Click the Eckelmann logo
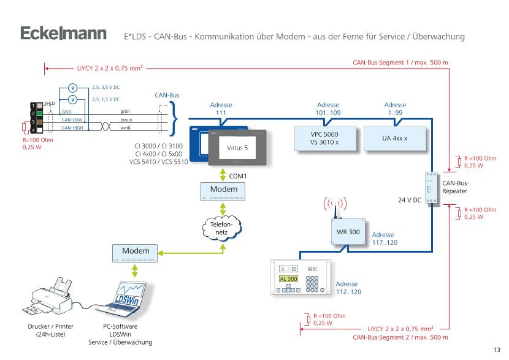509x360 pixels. coord(63,34)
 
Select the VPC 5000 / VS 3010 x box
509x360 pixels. coord(324,138)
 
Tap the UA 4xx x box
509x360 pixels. coord(394,138)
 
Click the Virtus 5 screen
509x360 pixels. coord(237,148)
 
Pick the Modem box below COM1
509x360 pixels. coord(223,190)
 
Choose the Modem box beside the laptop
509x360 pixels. coord(136,252)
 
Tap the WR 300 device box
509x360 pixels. coord(348,232)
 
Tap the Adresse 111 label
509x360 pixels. coord(221,109)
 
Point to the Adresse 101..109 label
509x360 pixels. coord(327,109)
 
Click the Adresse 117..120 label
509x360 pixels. coord(383,239)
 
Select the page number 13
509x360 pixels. coord(496,350)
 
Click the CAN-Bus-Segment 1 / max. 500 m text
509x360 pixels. coord(400,63)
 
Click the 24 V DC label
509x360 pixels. coord(409,200)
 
